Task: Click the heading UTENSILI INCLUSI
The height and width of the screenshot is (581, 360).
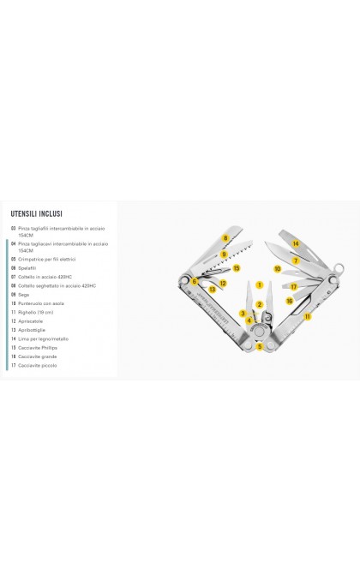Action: pos(36,214)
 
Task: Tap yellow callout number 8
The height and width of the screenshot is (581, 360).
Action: pos(225,237)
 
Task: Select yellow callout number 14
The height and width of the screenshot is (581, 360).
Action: pos(295,243)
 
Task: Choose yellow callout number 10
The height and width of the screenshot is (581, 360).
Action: pos(278,268)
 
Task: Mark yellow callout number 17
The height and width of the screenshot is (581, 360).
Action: pos(293,286)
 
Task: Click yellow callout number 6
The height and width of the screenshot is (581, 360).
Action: pos(195,281)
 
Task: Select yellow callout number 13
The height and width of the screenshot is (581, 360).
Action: pos(213,290)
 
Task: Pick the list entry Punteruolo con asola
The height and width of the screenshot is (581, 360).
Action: pos(41,302)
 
